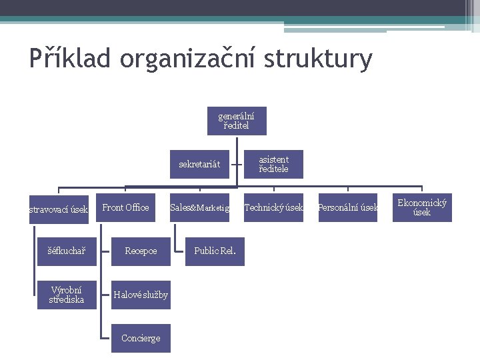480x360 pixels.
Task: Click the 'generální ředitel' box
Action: [236, 121]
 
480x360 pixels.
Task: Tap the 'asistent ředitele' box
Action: [273, 164]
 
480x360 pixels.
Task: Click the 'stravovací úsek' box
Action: [59, 209]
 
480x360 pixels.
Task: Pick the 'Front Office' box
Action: [125, 208]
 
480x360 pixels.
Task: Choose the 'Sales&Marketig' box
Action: [199, 208]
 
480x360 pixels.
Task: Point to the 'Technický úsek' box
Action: [273, 208]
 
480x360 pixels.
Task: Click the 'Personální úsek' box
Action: [347, 208]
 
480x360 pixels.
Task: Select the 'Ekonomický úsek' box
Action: [421, 208]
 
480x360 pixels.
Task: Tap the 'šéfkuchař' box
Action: [66, 251]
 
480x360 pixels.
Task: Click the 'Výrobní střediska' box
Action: [66, 295]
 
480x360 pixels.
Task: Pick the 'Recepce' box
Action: [141, 251]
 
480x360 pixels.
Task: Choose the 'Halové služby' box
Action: [141, 295]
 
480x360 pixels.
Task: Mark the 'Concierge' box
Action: [141, 338]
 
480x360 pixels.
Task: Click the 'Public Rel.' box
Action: [215, 251]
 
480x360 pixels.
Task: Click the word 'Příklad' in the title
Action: [71, 59]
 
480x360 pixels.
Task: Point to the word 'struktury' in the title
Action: [318, 59]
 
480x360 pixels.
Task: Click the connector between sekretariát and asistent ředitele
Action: [236, 164]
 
